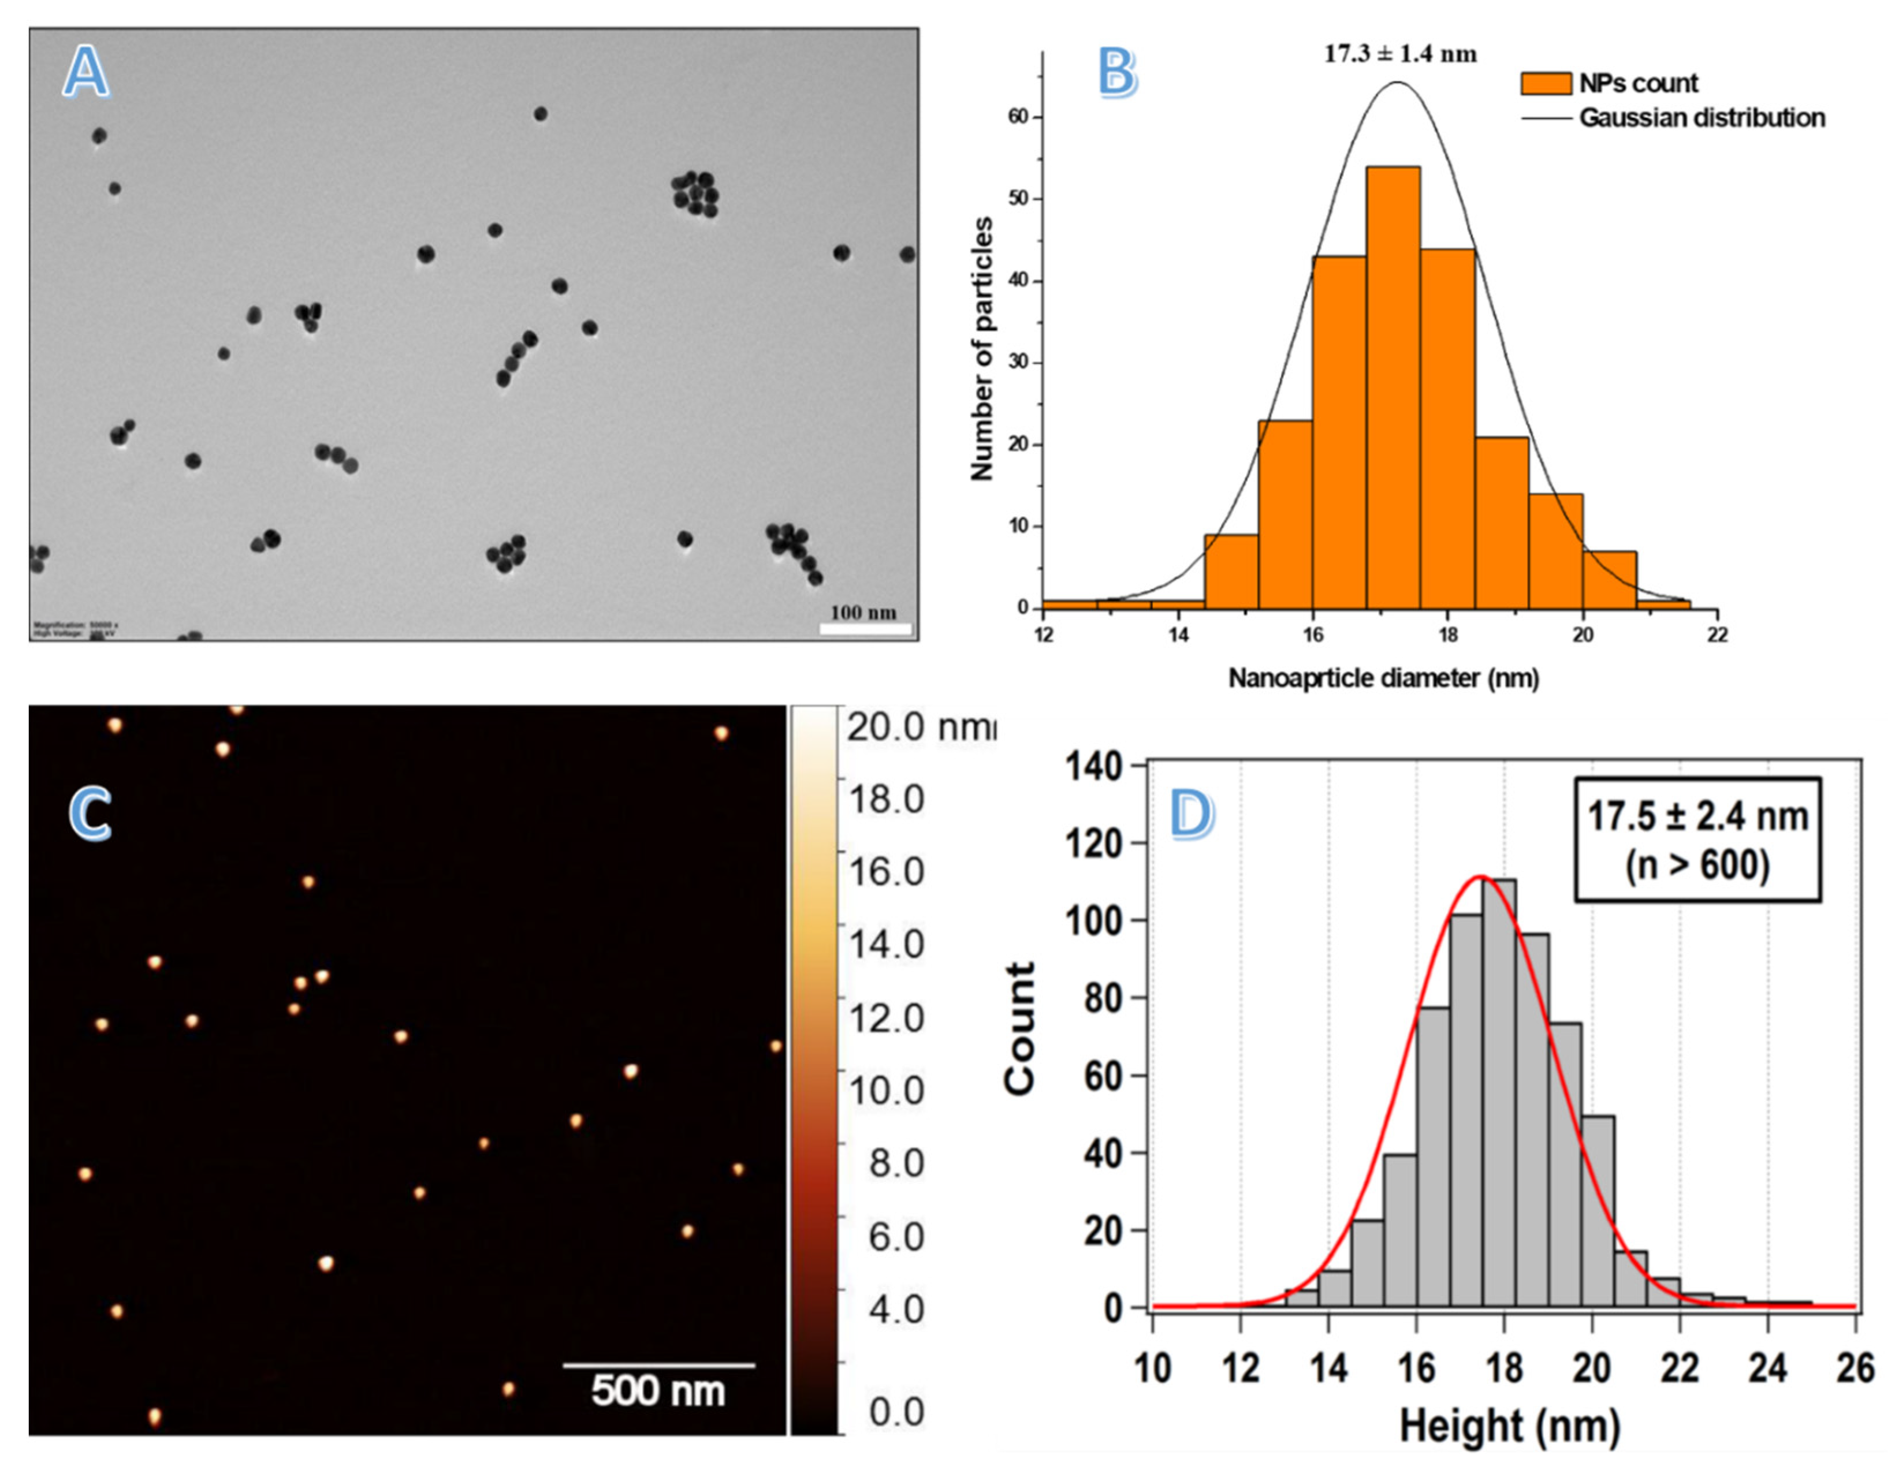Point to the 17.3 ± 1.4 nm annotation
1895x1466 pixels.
(1399, 54)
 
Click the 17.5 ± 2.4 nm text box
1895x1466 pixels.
(1696, 840)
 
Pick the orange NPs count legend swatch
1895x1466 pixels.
(1546, 83)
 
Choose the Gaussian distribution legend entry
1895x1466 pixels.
(1700, 117)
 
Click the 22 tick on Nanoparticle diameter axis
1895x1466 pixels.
(1717, 635)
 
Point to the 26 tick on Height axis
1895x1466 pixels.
(1855, 1369)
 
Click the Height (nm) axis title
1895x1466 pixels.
(1510, 1426)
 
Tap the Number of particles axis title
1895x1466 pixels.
(981, 349)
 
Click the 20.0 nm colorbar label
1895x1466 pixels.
(919, 726)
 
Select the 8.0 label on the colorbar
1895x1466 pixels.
(896, 1163)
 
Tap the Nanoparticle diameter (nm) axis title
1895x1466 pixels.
(1383, 677)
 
